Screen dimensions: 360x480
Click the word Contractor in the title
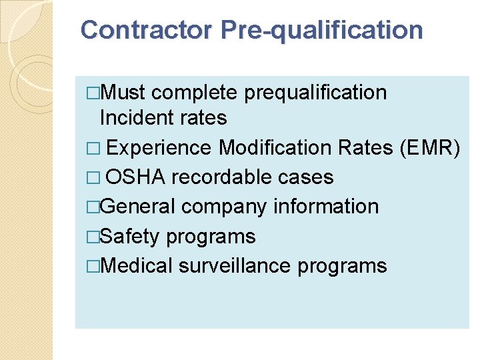145,30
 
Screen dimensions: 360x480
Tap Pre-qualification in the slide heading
321,31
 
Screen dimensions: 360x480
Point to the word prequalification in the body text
315,92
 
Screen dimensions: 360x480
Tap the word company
225,207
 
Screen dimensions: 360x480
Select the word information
327,207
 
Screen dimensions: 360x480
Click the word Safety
131,236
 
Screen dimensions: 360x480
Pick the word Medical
137,265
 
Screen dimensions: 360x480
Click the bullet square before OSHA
93,177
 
